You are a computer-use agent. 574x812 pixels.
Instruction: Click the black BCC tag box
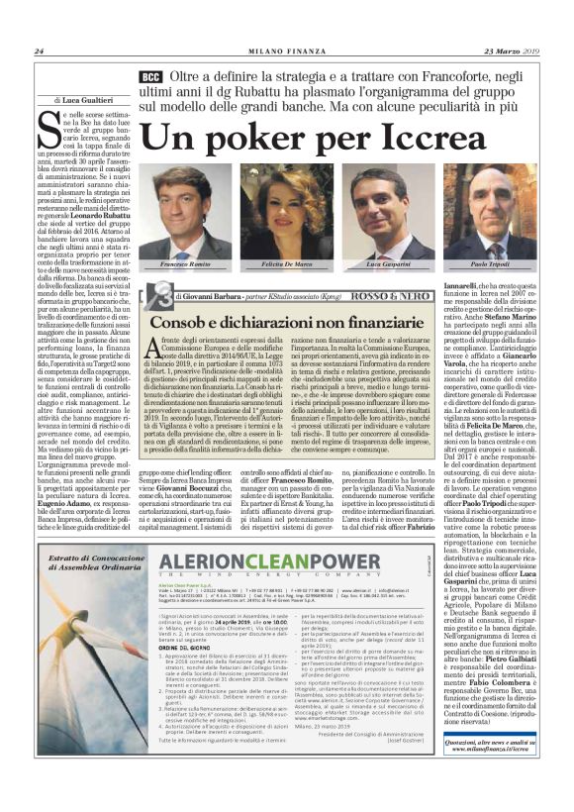(x=149, y=76)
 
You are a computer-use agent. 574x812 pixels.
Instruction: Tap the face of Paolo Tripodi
(x=488, y=209)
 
